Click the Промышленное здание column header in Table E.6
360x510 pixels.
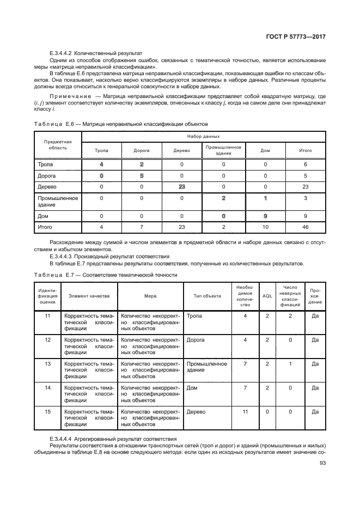tap(223, 150)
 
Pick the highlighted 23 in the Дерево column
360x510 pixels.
tap(181, 187)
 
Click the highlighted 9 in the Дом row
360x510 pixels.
tap(265, 216)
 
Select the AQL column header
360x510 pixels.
tap(267, 296)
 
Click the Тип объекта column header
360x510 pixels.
tap(208, 296)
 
